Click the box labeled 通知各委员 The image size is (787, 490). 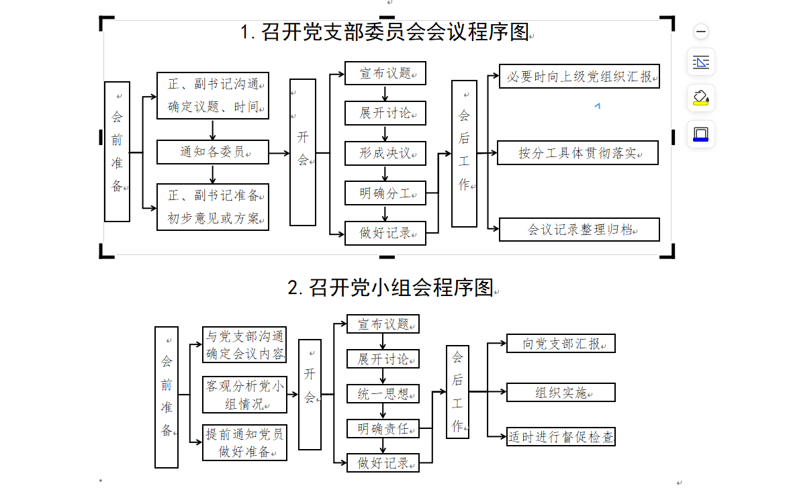pyautogui.click(x=213, y=152)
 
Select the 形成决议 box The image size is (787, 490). pyautogui.click(x=385, y=154)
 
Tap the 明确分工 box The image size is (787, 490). pyautogui.click(x=385, y=193)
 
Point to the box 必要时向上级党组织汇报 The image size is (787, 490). pyautogui.click(x=580, y=77)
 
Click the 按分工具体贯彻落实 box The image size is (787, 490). pyautogui.click(x=577, y=153)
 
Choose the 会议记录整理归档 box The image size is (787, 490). pyautogui.click(x=580, y=230)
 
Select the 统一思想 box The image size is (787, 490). pyautogui.click(x=383, y=394)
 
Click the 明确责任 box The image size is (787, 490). pyautogui.click(x=383, y=429)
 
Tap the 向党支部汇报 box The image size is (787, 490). pyautogui.click(x=561, y=344)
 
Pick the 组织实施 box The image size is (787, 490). pyautogui.click(x=561, y=392)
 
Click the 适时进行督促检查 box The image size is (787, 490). pyautogui.click(x=561, y=436)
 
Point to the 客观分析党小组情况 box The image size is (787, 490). pyautogui.click(x=245, y=395)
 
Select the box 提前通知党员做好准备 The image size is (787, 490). pyautogui.click(x=245, y=442)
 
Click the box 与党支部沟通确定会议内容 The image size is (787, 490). pyautogui.click(x=244, y=344)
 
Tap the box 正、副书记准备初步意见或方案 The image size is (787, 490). pyautogui.click(x=213, y=207)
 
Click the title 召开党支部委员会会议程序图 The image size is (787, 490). pyautogui.click(x=385, y=32)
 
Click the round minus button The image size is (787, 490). pyautogui.click(x=701, y=32)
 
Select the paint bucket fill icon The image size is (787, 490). pyautogui.click(x=700, y=98)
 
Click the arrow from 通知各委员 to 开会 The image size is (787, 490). pyautogui.click(x=279, y=153)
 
